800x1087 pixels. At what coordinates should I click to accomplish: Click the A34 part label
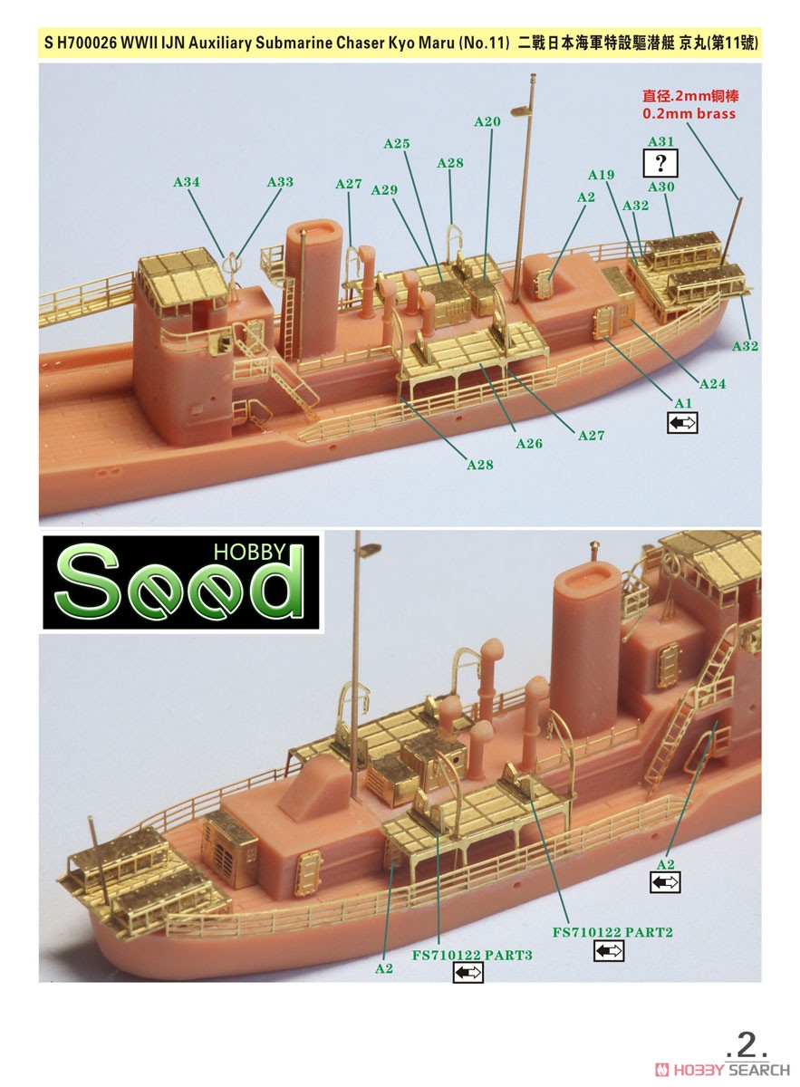coord(187,182)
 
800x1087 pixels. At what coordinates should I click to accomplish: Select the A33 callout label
coord(280,182)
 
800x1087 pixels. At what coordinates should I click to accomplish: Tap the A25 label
coord(397,144)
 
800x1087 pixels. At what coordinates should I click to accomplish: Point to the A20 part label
coord(487,121)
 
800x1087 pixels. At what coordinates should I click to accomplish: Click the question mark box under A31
coord(660,164)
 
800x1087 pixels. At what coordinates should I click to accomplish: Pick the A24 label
coord(713,384)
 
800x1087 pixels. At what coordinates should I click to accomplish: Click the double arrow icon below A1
coord(683,423)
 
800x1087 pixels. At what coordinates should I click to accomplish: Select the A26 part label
coord(529,444)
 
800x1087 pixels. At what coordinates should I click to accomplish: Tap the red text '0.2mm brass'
coord(689,114)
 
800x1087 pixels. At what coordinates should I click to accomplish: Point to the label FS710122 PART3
coord(472,955)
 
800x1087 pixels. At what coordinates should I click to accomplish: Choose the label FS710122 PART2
coord(612,932)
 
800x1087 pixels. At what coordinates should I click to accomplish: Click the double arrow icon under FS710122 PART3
coord(468,973)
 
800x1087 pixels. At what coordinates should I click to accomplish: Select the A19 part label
coord(601,175)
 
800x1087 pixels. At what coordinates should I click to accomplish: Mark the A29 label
coord(384,190)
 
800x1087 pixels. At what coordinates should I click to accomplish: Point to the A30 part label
coord(661,187)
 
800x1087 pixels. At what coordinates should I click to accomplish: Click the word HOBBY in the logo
coord(249,553)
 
